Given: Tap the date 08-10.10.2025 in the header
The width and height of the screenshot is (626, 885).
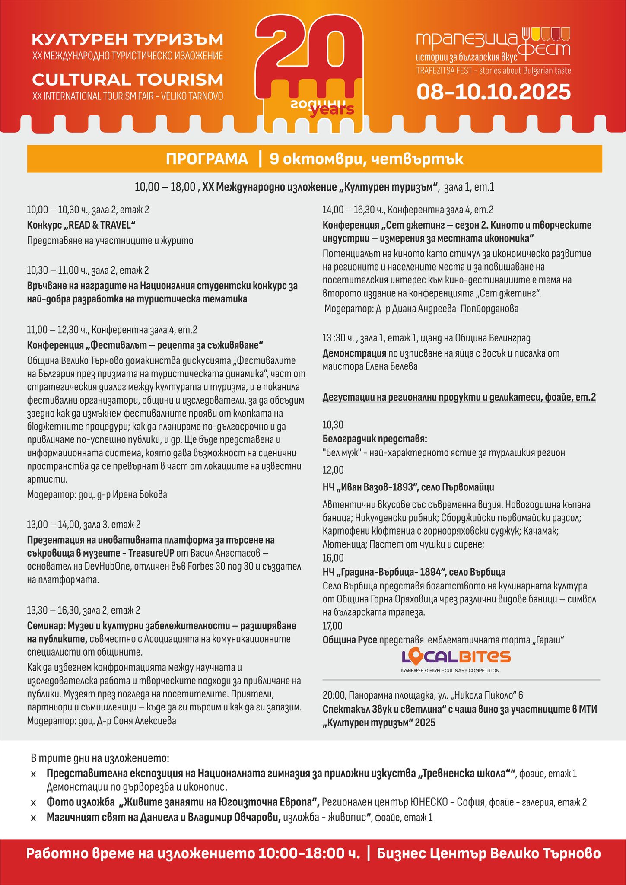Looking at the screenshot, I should (493, 92).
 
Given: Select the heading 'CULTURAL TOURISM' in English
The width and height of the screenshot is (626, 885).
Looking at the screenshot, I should (127, 80).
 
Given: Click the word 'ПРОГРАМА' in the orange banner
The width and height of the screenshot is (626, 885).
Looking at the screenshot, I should (207, 159).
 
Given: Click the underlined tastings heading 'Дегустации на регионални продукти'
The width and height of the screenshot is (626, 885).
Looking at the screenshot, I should (459, 398).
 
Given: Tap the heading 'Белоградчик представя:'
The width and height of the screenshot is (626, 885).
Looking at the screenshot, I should (375, 439).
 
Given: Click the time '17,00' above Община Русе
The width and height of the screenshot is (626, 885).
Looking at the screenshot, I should (332, 626).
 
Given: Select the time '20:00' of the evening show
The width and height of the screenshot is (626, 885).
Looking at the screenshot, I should (334, 695).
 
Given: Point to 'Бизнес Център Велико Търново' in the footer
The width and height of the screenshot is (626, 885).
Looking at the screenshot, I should (488, 854).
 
